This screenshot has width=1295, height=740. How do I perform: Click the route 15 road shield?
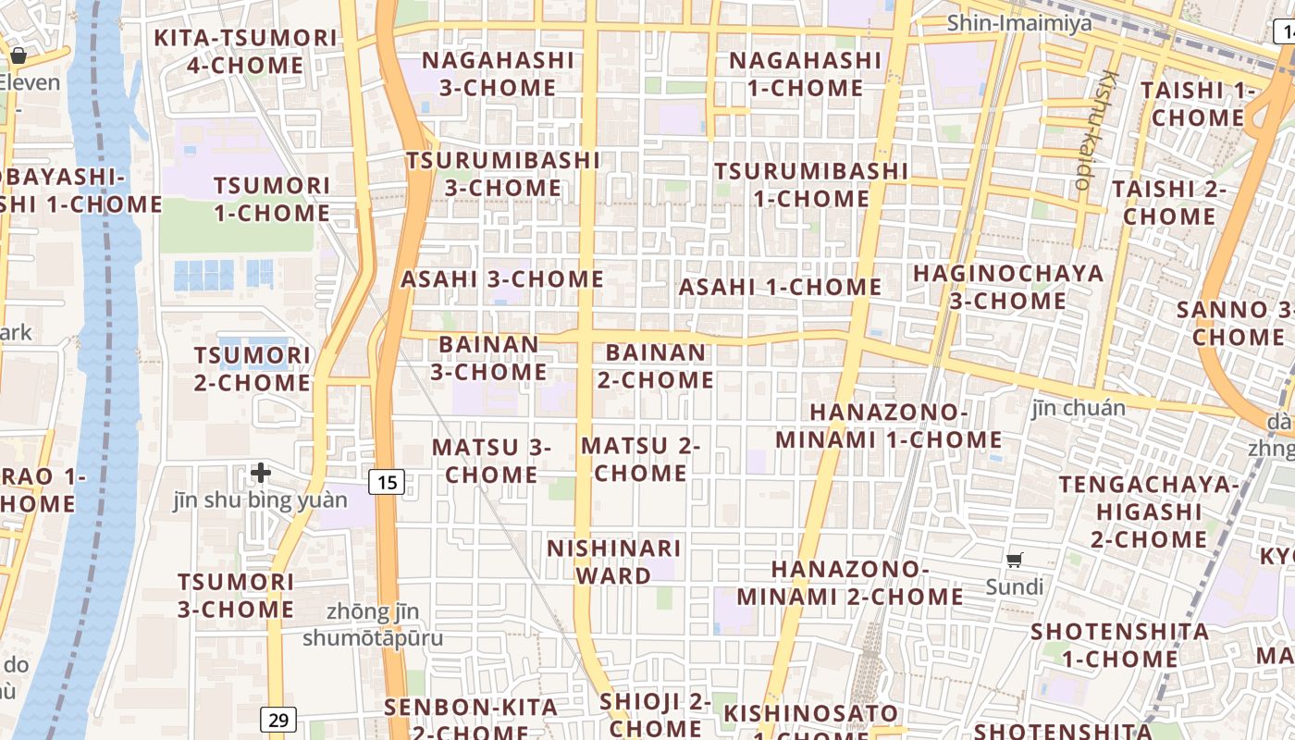coord(388,481)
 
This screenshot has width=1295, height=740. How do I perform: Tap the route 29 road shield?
coord(277,719)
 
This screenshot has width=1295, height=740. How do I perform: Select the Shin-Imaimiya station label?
coord(1018,22)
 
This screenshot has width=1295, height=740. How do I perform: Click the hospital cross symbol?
coord(261,473)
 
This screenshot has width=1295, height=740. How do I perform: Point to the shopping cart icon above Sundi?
coord(1015,560)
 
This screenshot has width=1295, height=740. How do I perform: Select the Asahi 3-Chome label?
coord(502,279)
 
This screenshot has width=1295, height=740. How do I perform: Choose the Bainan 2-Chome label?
coord(656,366)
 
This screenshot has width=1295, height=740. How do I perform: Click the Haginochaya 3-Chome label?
coord(1008,287)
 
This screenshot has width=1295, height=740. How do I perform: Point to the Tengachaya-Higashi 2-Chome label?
coord(1150,512)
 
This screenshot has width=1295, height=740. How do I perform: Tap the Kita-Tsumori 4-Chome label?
coord(245,52)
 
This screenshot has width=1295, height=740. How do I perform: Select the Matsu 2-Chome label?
coord(640,460)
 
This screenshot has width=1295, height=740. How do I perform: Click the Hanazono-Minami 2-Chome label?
coord(850,583)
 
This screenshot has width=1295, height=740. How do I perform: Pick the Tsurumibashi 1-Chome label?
coord(811,185)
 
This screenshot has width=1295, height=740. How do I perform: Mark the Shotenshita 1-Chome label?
coord(1120,646)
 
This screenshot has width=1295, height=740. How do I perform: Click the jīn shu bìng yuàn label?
coord(261,500)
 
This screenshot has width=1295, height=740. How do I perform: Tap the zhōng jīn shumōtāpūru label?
coord(373,625)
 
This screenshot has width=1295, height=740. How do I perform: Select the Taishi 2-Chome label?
coord(1169,203)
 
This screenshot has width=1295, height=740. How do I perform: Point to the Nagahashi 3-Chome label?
coord(499,74)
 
